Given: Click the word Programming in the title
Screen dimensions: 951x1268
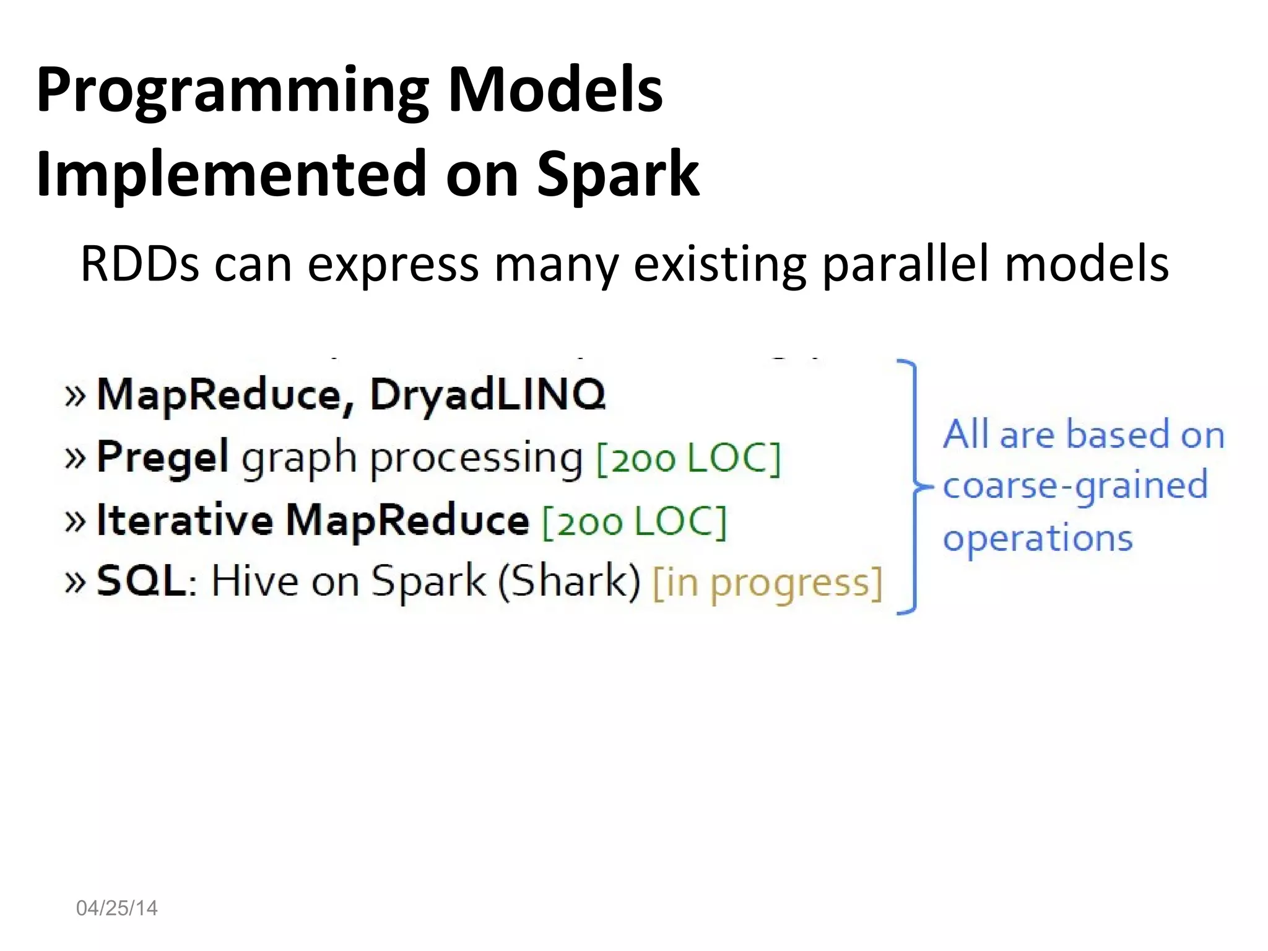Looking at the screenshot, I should point(232,92).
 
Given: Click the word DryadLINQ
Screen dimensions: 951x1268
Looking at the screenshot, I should point(487,394).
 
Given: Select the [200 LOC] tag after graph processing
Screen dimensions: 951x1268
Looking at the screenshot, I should point(688,459).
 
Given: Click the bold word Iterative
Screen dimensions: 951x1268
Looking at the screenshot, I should point(185,520).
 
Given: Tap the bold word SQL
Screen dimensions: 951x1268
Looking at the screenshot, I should point(141,582).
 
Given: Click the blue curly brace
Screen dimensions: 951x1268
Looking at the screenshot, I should point(911,487).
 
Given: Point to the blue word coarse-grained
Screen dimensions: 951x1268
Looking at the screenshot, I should point(1075,485).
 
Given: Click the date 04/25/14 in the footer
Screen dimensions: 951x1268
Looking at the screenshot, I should point(116,908).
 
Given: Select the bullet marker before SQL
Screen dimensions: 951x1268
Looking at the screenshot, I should point(75,583).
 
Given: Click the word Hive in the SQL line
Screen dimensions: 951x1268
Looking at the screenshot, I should point(254,582).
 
